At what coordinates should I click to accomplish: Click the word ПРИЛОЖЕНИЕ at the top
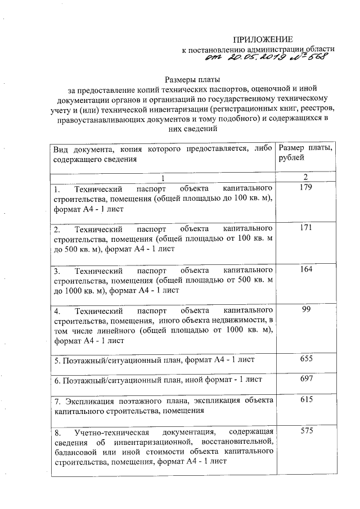(263, 39)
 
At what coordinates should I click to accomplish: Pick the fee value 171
(305, 228)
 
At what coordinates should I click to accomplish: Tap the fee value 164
(305, 269)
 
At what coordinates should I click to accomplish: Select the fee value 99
(305, 310)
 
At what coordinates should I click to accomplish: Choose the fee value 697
(305, 380)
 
